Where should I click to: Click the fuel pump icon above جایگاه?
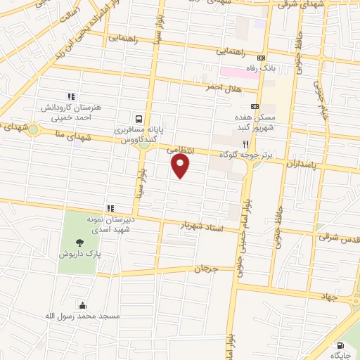click(x=340, y=346)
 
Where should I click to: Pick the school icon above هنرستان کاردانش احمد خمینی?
click(x=70, y=96)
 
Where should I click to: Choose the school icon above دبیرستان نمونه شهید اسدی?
click(x=110, y=208)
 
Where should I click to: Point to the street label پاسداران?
click(x=302, y=164)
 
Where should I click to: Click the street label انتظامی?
click(x=180, y=150)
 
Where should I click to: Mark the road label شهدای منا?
click(x=77, y=137)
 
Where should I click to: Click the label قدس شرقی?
click(x=337, y=238)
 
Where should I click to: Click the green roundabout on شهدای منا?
click(x=33, y=129)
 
